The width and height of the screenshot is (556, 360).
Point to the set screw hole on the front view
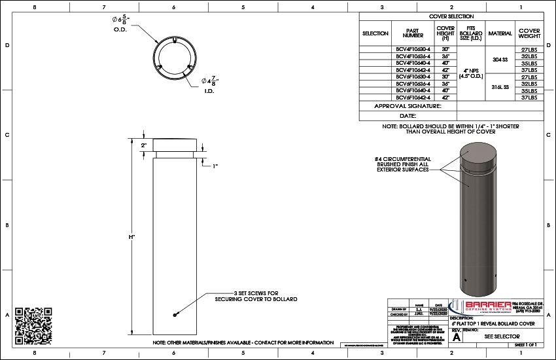(x=175, y=315)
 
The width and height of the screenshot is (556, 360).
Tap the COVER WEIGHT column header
(x=529, y=33)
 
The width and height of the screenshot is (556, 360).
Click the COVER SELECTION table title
(x=451, y=16)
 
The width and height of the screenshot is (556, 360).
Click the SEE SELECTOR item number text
(x=502, y=336)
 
